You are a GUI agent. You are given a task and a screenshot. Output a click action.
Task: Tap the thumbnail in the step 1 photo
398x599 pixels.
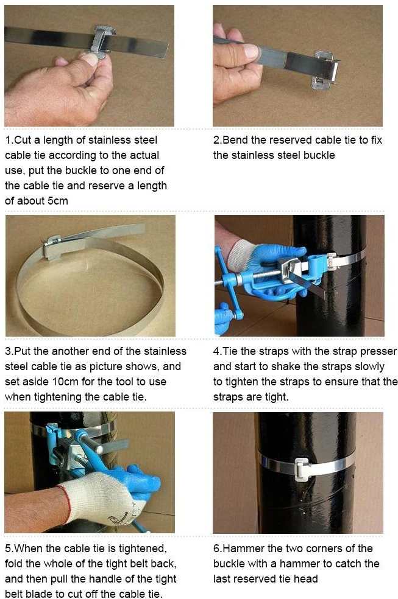pyautogui.click(x=89, y=59)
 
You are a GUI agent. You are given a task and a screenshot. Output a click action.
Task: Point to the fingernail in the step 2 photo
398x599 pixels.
pyautogui.click(x=251, y=51)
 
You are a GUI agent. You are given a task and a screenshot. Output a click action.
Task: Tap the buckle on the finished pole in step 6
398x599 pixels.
pyautogui.click(x=302, y=468)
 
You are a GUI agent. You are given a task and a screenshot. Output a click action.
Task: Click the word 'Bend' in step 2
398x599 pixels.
pyautogui.click(x=235, y=140)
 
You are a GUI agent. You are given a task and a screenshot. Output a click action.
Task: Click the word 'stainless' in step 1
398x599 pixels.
pyautogui.click(x=133, y=140)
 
